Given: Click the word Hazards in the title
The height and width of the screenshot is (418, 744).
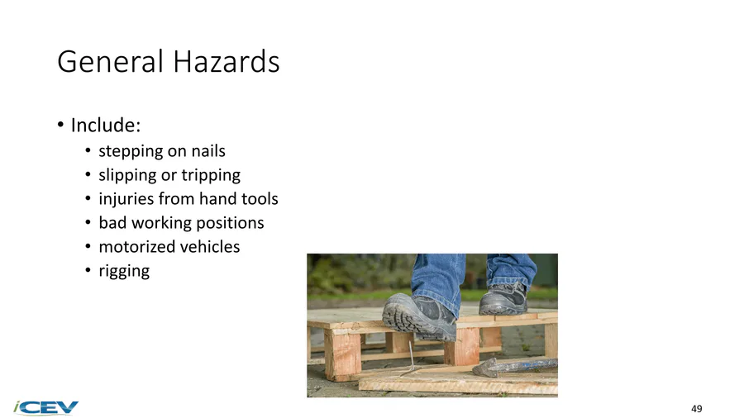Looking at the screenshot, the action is pos(226,62).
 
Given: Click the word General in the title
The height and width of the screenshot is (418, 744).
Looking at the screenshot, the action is pos(110,62).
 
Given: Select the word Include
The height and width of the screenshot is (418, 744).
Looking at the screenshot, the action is pos(105,125).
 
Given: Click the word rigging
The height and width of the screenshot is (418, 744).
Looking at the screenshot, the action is pos(124,271).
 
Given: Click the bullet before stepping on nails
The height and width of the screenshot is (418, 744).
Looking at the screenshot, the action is pos(88,151).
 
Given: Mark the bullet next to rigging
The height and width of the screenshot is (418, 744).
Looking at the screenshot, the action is pos(88,271).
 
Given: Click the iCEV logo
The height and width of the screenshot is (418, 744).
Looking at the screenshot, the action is pos(46,407).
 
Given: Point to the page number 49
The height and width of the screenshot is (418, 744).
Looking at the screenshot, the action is pos(697,409).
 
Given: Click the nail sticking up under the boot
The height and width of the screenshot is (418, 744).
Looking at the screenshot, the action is pos(411,357).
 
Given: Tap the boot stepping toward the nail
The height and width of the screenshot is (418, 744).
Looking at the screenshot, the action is pos(419,316).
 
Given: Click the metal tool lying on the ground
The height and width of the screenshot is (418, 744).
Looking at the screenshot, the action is pos(515,367).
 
